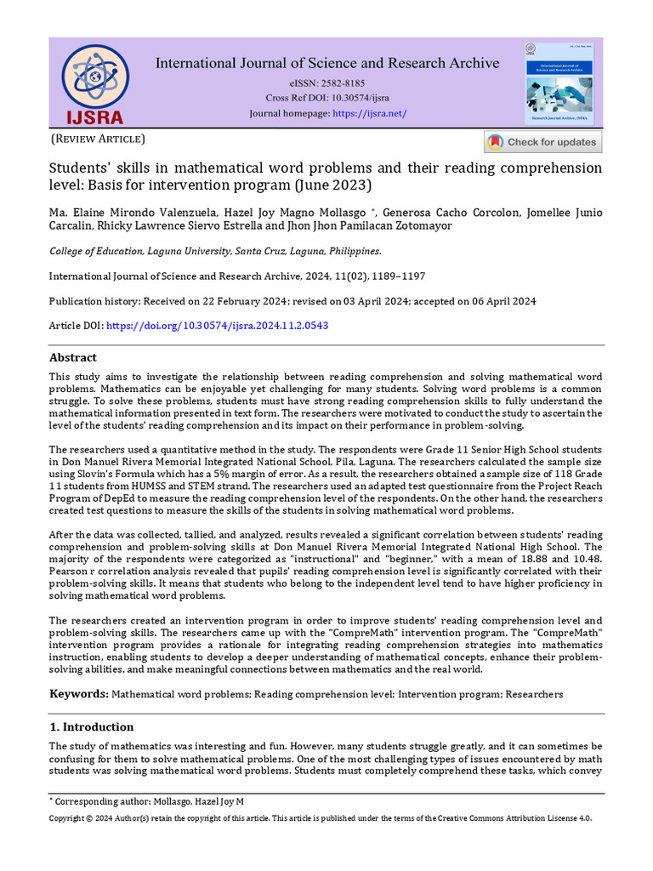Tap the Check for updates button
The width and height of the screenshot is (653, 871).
click(x=542, y=142)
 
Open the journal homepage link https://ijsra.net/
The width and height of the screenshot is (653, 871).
click(x=369, y=113)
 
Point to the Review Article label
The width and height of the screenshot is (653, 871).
click(x=99, y=139)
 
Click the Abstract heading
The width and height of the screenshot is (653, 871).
click(x=72, y=357)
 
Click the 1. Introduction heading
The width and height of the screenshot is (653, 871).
click(x=91, y=727)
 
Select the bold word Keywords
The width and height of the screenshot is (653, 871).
click(x=78, y=694)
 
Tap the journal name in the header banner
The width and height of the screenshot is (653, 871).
click(x=327, y=63)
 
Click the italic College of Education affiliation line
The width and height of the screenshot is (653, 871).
click(x=215, y=251)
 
